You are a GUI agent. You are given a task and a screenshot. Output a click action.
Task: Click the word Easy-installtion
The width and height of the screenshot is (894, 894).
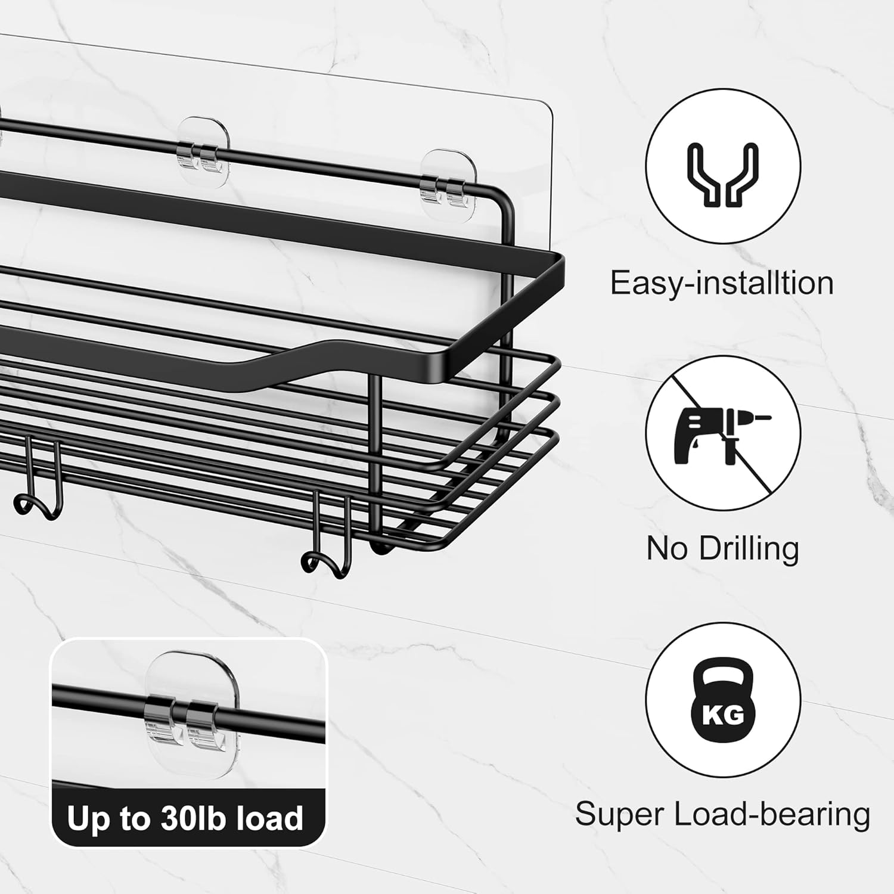point(722,283)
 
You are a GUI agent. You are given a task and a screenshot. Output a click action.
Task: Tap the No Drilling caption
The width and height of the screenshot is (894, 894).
point(722,548)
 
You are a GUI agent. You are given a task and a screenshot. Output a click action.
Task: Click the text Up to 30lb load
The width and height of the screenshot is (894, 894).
point(185,818)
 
